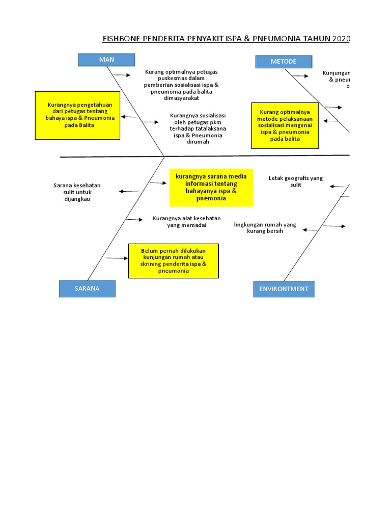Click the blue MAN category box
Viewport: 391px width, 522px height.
[x=106, y=60]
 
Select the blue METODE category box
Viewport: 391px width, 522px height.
[x=283, y=62]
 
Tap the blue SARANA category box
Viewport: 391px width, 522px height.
[x=87, y=289]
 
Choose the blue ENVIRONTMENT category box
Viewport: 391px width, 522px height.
[x=284, y=289]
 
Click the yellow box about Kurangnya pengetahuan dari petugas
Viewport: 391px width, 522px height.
[x=77, y=115]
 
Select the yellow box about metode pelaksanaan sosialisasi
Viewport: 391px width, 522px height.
[x=285, y=125]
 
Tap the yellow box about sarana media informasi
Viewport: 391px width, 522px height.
[x=211, y=187]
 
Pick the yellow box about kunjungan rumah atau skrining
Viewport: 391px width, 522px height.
[x=174, y=261]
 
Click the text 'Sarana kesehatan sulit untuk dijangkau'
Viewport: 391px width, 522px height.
[x=77, y=192]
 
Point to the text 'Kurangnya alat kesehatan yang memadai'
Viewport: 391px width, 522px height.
[x=186, y=222]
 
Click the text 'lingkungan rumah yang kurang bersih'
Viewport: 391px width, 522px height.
[x=265, y=228]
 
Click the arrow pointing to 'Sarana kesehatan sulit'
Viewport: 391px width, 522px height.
[x=129, y=191]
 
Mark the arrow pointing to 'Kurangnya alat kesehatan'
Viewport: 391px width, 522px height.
[x=134, y=220]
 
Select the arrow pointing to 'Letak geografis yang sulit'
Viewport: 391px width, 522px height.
[x=337, y=187]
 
